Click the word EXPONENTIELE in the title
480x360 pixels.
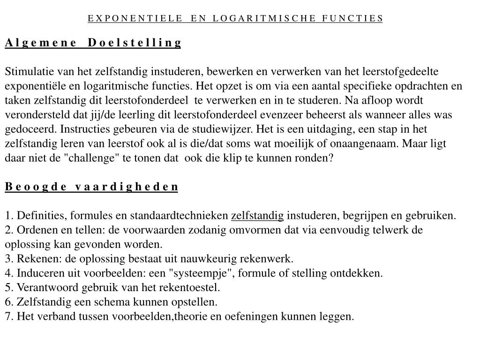(135, 18)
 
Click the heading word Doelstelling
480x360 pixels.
(134, 43)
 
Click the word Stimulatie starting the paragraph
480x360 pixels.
(30, 72)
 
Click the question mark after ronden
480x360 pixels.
(331, 158)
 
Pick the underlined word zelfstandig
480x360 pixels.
(257, 216)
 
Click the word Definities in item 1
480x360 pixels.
(41, 216)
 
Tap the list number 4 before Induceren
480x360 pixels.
(8, 273)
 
